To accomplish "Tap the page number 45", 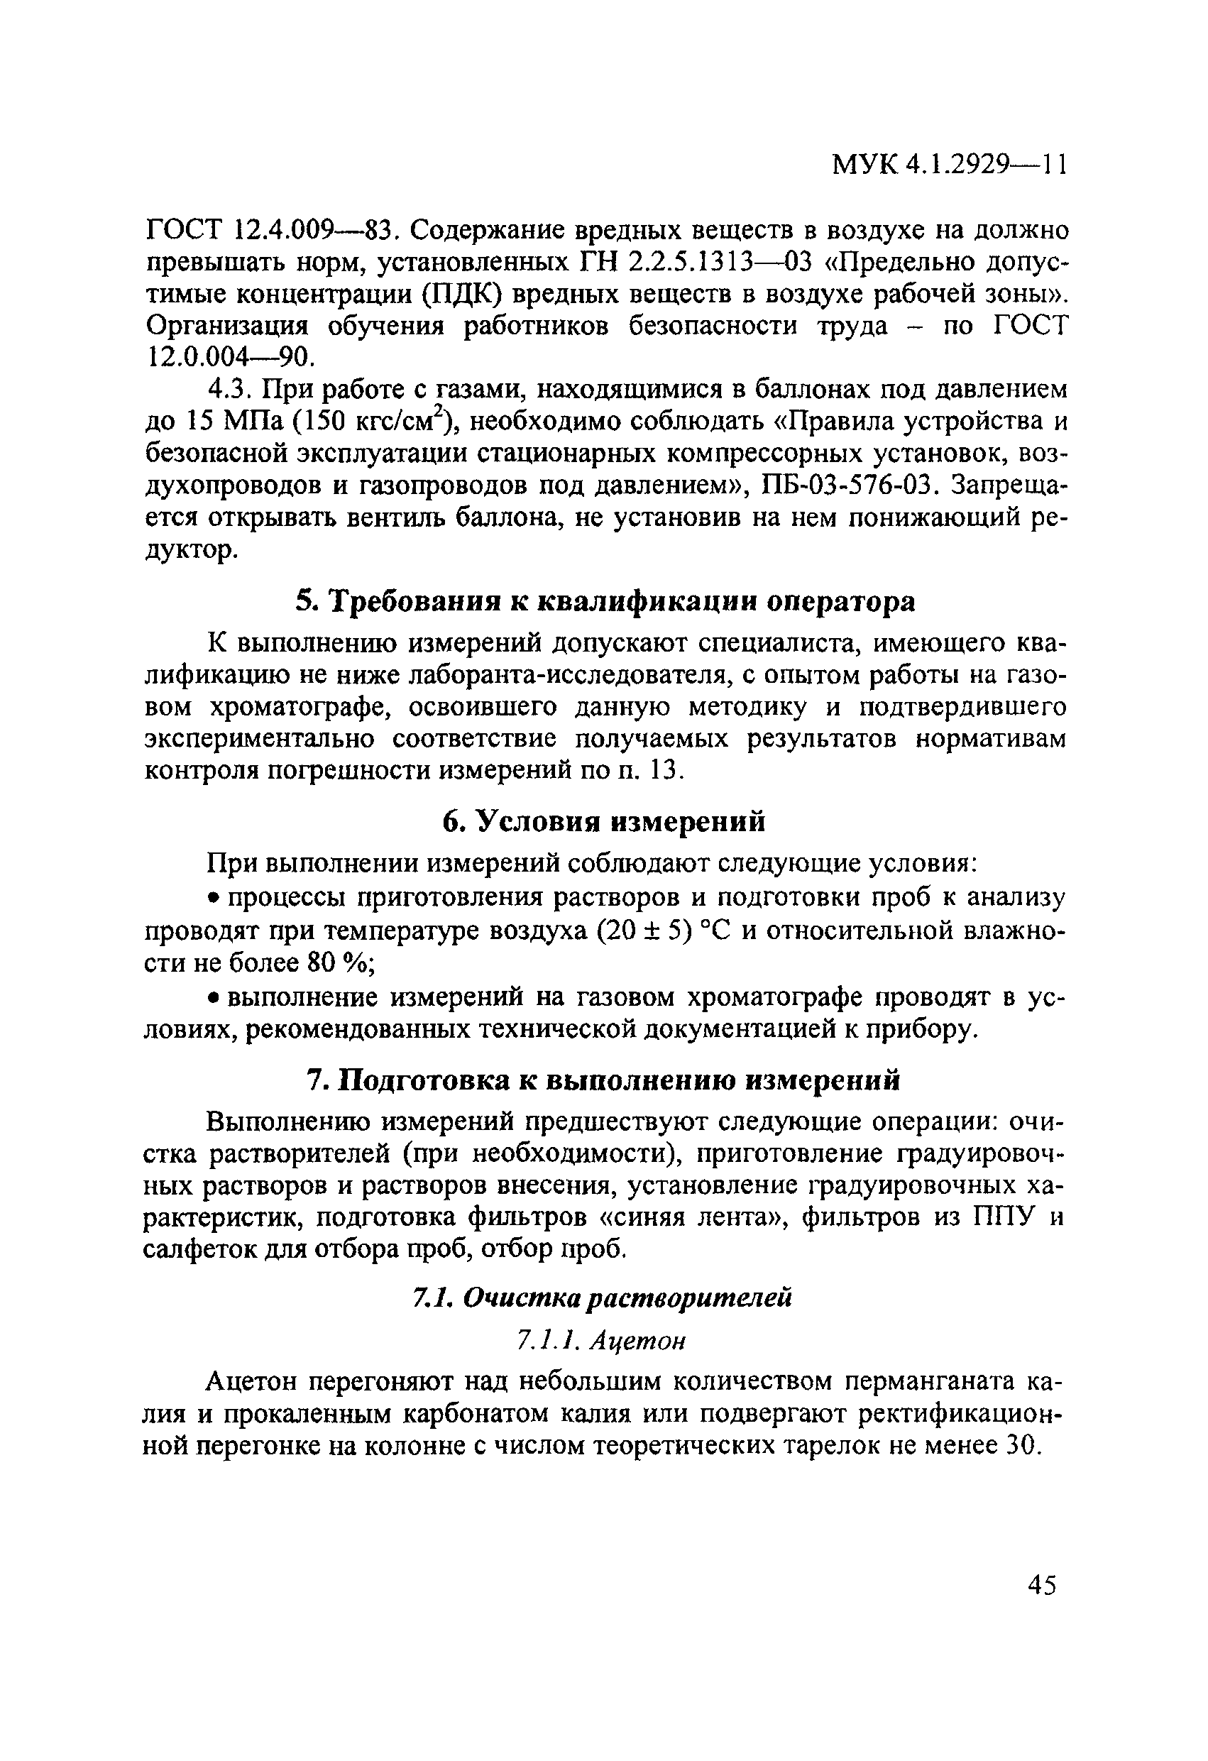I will pos(1042,1584).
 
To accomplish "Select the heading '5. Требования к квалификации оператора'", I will pos(605,601).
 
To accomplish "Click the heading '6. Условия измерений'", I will pos(604,821).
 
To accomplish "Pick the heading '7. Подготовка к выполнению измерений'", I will pos(604,1080).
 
